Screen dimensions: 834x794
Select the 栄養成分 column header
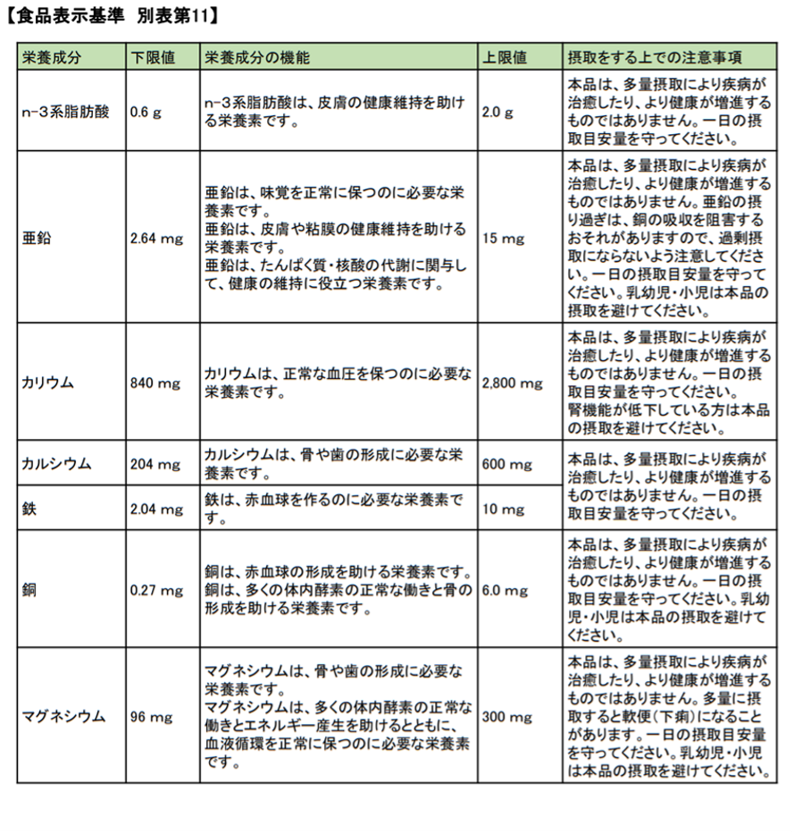(x=52, y=57)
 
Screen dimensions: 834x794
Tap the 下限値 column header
(x=153, y=57)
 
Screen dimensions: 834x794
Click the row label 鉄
(x=29, y=509)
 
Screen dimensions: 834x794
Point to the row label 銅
(x=29, y=591)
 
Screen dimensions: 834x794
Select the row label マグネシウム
(x=63, y=717)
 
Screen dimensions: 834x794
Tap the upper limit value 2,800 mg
(x=512, y=383)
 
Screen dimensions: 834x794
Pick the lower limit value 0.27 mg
(x=155, y=591)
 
